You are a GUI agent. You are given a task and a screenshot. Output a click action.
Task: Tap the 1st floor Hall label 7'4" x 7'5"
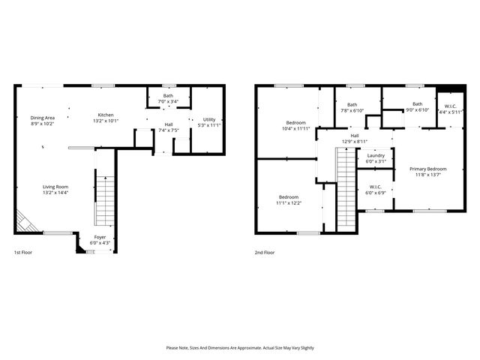pos(169,127)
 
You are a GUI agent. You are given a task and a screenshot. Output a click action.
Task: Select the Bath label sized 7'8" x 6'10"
pos(352,107)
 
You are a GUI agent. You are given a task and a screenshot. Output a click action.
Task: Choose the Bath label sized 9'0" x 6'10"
pos(417,107)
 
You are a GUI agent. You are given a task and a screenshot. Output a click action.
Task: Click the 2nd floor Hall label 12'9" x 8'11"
pos(355,139)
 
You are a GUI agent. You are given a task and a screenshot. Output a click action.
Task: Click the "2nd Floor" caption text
pos(265,253)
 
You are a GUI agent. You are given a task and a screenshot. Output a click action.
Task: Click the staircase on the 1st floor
pos(105,199)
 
